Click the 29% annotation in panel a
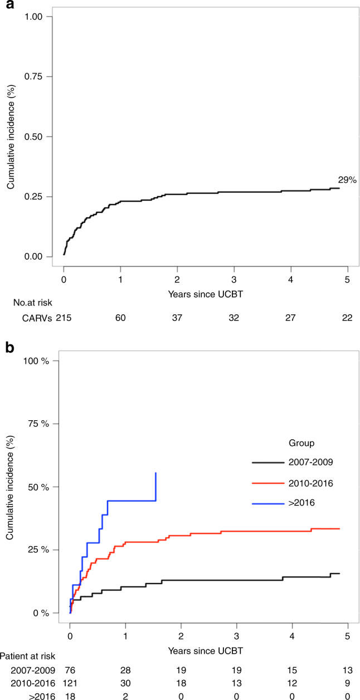click(x=346, y=179)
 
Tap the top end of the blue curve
click(x=155, y=473)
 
